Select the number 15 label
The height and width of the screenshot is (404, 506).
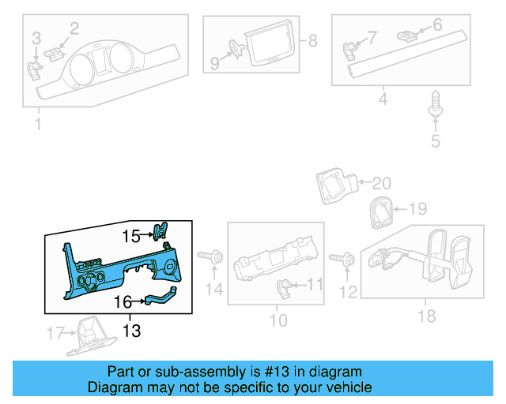(x=130, y=235)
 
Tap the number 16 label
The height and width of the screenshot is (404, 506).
(x=123, y=301)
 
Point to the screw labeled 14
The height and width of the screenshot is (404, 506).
(x=210, y=256)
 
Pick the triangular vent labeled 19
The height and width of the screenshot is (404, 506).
(x=379, y=211)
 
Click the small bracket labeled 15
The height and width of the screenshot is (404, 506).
(x=161, y=230)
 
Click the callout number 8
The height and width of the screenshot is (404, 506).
(x=312, y=40)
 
